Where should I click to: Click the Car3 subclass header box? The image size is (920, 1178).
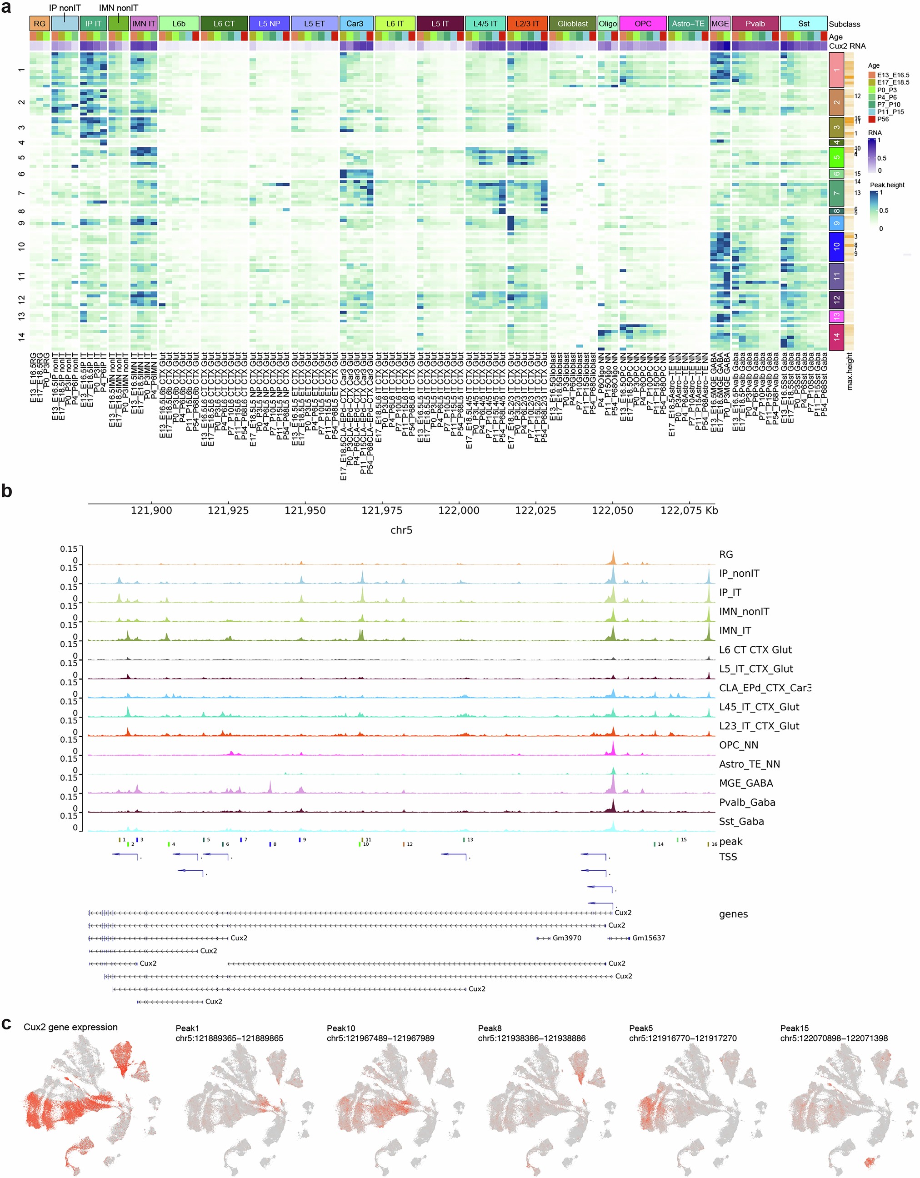click(x=355, y=24)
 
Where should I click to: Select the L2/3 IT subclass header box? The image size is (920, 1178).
click(x=527, y=24)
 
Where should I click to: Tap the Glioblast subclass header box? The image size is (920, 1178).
click(x=573, y=24)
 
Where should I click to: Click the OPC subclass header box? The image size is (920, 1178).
click(x=642, y=24)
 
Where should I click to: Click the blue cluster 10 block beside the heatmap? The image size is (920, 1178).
click(x=836, y=246)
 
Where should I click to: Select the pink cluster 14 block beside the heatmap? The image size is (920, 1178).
click(x=836, y=337)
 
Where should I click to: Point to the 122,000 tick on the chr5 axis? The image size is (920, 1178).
click(x=459, y=510)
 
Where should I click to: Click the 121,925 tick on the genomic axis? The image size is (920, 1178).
click(x=228, y=510)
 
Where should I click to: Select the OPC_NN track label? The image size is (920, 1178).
click(x=738, y=745)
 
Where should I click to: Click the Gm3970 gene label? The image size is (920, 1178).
click(x=566, y=938)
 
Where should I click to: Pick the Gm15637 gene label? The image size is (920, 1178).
click(x=648, y=938)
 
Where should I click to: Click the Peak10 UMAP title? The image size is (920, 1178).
click(x=341, y=1028)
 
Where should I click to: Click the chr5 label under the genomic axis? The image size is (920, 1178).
click(x=401, y=530)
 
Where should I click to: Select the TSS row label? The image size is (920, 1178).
click(x=727, y=857)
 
